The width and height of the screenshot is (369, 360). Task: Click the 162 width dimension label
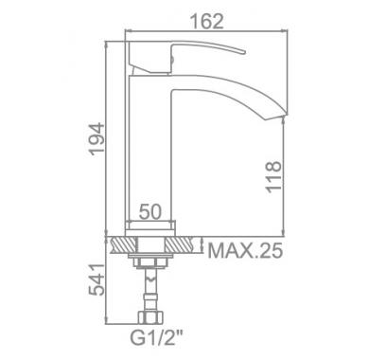[x=206, y=21]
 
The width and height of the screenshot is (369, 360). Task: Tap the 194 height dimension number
[x=97, y=139]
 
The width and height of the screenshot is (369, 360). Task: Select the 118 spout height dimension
[x=273, y=177]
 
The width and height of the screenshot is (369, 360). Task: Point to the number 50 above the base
[x=150, y=211]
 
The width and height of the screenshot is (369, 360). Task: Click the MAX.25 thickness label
[x=245, y=251]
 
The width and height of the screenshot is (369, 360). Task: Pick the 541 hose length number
[x=97, y=279]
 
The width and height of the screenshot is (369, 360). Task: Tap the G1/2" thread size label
[x=156, y=338]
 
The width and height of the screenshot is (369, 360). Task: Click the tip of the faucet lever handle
[x=244, y=52]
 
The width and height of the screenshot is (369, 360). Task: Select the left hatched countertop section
[x=123, y=244]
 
